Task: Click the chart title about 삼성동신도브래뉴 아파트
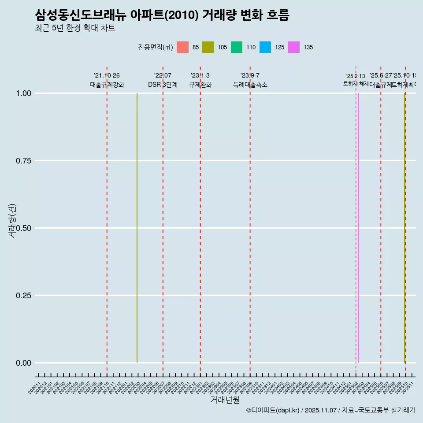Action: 162,15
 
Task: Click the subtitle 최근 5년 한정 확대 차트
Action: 75,28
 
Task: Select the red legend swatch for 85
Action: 182,47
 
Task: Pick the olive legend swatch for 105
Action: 208,47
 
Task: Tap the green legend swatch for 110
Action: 237,47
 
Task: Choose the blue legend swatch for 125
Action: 265,47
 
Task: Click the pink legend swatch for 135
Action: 293,47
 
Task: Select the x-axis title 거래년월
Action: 225,400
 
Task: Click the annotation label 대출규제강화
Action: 107,85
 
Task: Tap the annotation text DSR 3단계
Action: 163,85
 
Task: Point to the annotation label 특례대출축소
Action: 250,85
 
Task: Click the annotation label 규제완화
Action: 200,85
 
